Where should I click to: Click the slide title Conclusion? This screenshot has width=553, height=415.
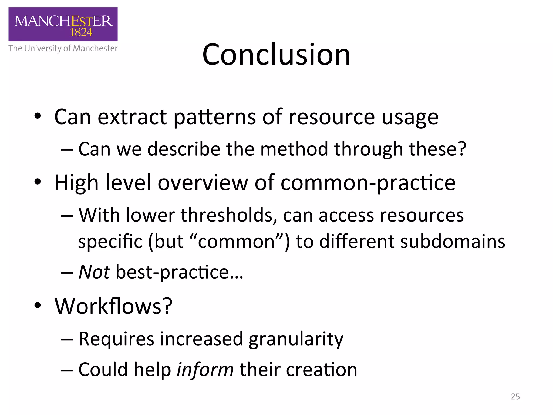point(276,55)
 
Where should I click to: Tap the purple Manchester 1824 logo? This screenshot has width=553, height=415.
point(63,24)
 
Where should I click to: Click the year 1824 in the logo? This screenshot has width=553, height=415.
point(81,32)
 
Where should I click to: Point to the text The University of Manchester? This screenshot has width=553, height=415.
point(63,48)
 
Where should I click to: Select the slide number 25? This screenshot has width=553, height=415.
point(515,396)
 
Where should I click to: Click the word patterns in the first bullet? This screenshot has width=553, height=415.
point(214,117)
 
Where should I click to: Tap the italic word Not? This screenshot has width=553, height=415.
point(94,272)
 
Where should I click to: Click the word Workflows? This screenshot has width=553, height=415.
point(113,306)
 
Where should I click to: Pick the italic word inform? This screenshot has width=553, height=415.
point(205,370)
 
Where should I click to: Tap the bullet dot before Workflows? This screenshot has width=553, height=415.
point(38,306)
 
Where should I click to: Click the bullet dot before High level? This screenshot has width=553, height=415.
point(38,182)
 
